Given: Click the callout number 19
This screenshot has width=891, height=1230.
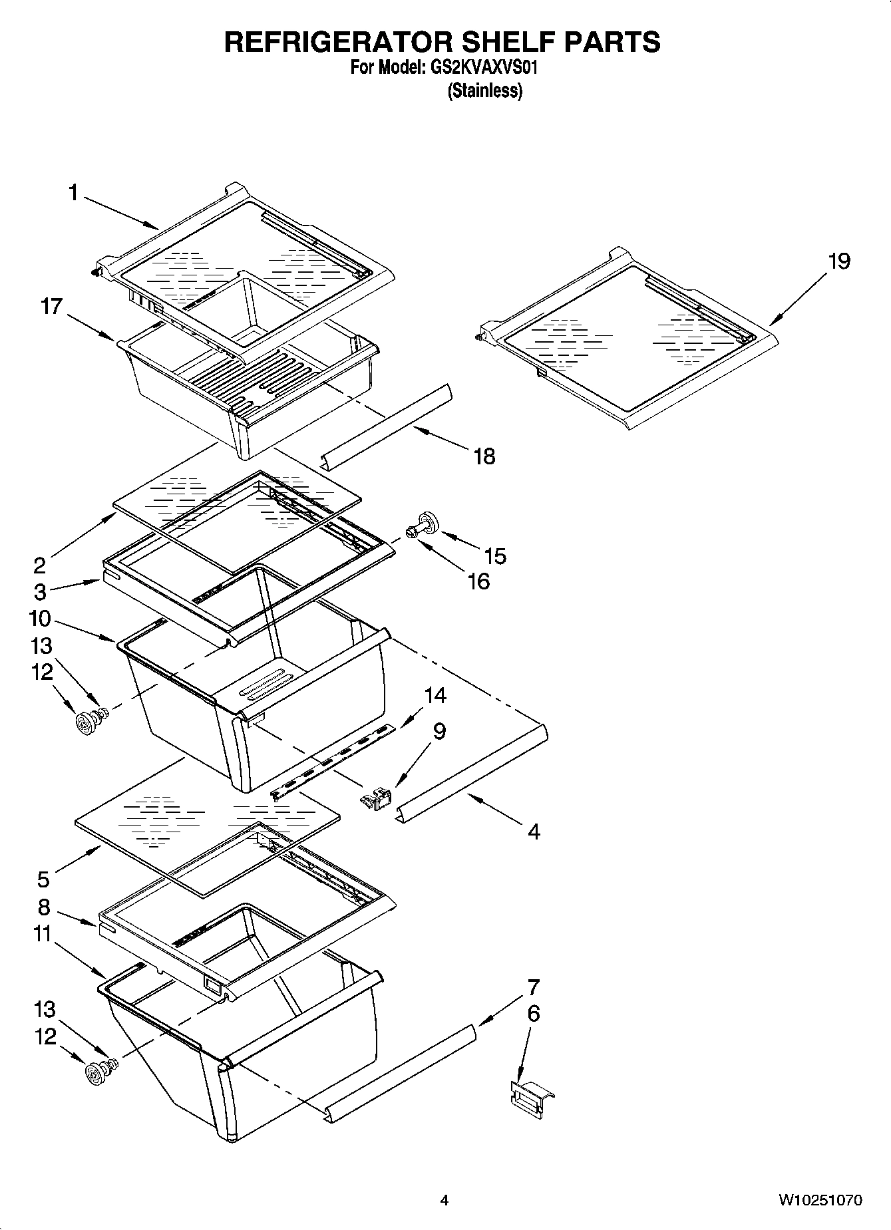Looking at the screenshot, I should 838,261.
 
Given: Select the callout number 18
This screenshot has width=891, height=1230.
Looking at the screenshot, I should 484,456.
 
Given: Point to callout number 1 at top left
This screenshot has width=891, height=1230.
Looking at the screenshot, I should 73,193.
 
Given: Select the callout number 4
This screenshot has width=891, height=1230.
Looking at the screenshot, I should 533,831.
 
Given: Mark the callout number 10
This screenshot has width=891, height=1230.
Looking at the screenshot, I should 40,619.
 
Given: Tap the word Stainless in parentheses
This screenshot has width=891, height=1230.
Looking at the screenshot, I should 484,90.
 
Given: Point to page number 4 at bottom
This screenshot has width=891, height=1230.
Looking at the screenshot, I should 445,1200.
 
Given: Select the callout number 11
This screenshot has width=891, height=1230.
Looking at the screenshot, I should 43,934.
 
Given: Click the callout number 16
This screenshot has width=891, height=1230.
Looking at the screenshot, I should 478,581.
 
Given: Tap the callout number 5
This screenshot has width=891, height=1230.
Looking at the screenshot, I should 43,879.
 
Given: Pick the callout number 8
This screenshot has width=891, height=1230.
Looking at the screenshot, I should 44,907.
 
